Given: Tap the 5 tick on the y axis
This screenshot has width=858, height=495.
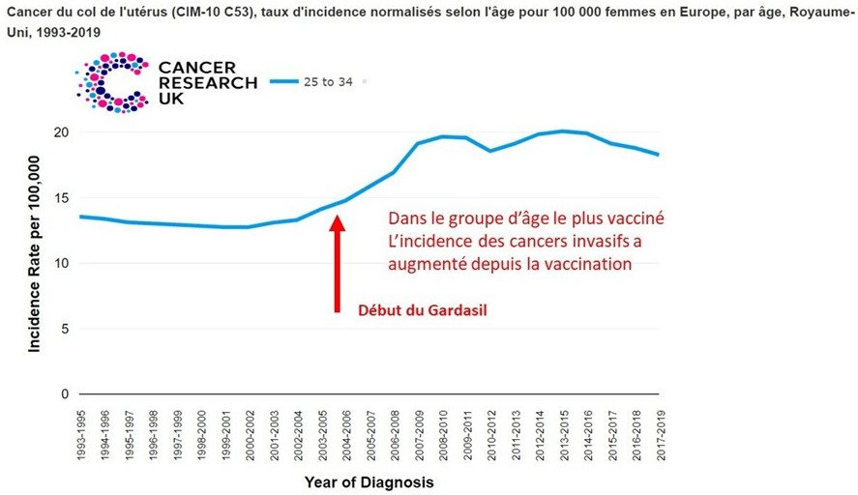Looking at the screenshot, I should point(64,329).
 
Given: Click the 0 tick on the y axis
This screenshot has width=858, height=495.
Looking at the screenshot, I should point(64,394).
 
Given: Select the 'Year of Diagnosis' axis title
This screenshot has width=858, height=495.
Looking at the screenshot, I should point(369,481).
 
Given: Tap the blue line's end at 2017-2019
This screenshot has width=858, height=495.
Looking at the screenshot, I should point(659,155).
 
